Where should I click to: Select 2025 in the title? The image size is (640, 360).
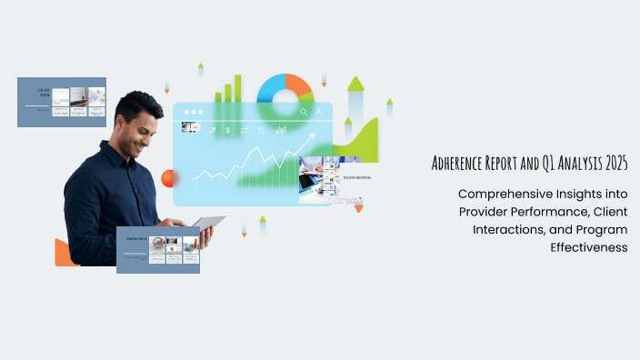click(613, 165)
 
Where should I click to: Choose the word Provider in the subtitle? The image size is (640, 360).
click(486, 211)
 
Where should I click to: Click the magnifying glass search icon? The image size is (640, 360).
click(304, 113)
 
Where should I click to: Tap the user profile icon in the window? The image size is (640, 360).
click(319, 113)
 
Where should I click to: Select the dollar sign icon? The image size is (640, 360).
click(228, 130)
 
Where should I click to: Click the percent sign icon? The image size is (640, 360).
click(261, 130)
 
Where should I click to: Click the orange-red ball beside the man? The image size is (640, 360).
click(167, 179)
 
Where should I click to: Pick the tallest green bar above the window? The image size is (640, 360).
click(238, 87)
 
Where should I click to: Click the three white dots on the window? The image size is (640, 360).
click(192, 113)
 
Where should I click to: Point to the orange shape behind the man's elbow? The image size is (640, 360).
click(62, 253)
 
